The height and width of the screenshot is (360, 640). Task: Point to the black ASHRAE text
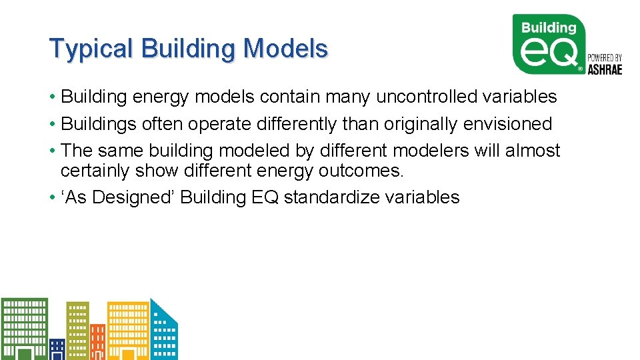coord(604,69)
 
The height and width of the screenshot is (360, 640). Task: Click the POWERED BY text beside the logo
coord(604,58)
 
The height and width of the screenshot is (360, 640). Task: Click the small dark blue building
coord(57,349)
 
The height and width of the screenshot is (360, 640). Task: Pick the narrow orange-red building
coord(97,341)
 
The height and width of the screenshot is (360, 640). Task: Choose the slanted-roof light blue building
coord(163,333)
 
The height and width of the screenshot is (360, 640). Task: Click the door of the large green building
coord(25,353)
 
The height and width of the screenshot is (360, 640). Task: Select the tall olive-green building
coord(77,330)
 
